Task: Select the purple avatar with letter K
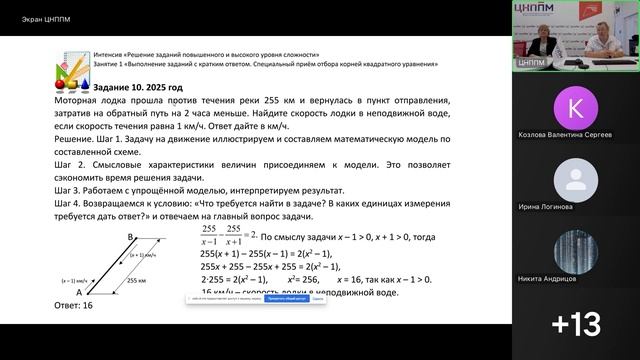tap(574, 108)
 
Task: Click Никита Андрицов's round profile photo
tap(574, 251)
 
